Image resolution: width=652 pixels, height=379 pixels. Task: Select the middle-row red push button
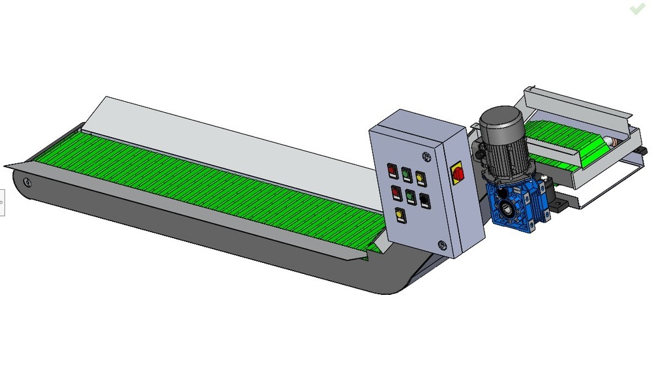click(x=396, y=192)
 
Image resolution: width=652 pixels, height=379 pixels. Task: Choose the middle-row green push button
click(x=410, y=195)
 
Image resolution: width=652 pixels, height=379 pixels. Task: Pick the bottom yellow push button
click(x=400, y=214)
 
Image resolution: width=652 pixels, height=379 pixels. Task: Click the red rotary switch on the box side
click(x=458, y=174)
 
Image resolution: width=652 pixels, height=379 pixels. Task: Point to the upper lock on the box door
click(x=426, y=157)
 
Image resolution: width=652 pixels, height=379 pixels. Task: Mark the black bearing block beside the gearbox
click(x=557, y=205)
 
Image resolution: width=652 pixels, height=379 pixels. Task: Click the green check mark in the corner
click(x=637, y=8)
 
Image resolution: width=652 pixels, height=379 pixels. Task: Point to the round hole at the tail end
click(x=26, y=181)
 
